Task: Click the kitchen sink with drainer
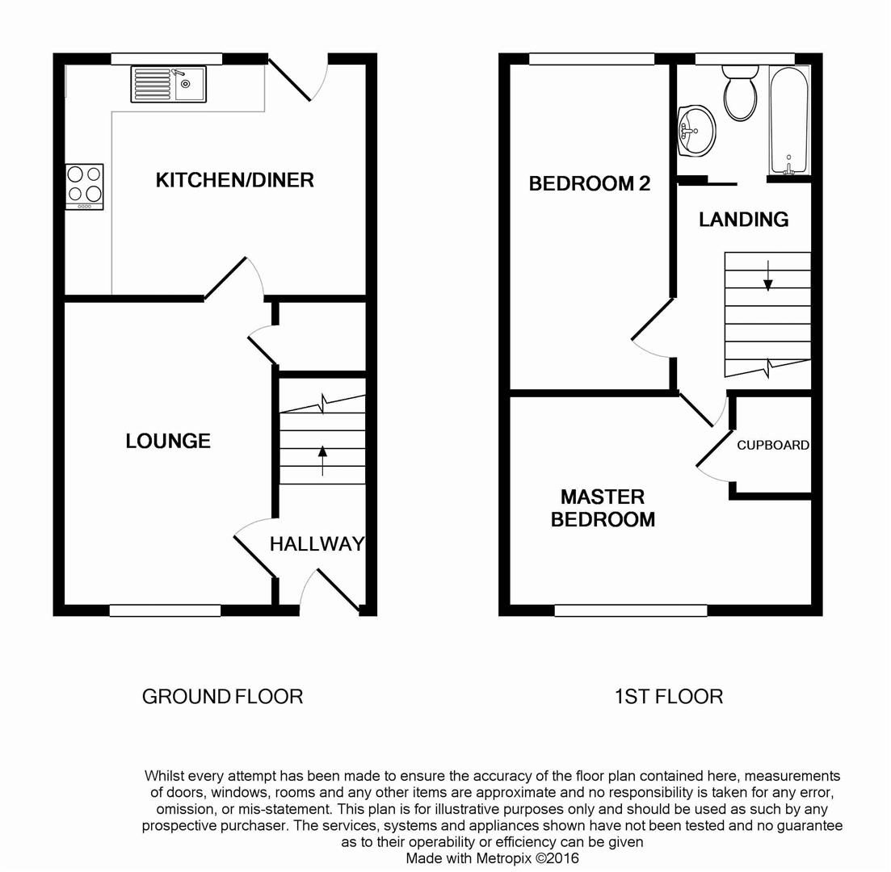click(168, 84)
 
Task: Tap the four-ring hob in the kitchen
click(85, 187)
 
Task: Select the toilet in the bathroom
click(741, 93)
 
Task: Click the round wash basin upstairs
click(696, 131)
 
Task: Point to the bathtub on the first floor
click(789, 119)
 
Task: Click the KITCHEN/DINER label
click(235, 180)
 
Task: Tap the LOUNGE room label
click(168, 441)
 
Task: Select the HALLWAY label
click(317, 543)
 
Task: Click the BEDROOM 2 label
click(589, 183)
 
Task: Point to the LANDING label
click(744, 220)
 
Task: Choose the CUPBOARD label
click(773, 446)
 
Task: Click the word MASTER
click(603, 497)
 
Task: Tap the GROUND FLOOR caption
click(222, 697)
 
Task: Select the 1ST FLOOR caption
click(669, 697)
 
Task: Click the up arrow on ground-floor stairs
click(323, 461)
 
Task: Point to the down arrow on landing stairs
click(768, 275)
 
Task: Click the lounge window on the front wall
click(165, 610)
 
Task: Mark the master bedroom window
click(631, 610)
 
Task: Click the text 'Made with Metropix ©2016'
click(492, 858)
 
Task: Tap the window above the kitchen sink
click(166, 59)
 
